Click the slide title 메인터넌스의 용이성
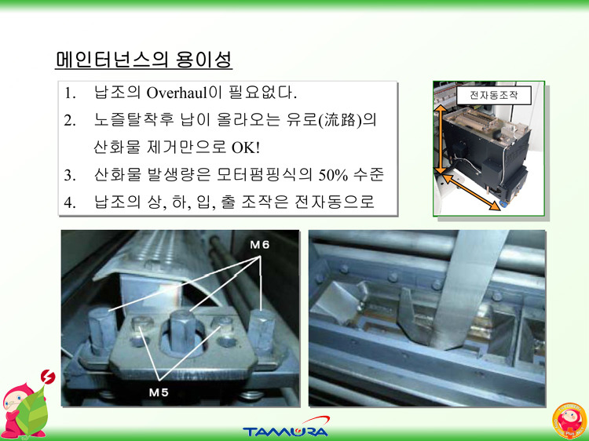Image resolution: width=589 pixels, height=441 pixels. pos(144,60)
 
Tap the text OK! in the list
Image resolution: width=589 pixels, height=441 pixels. pos(245,148)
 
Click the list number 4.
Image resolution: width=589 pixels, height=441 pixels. pos(69,202)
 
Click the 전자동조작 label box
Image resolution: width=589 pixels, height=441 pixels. pos(494,95)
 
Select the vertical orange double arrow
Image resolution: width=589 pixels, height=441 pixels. pos(441,140)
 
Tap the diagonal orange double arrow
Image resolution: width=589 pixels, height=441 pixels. pos(470,192)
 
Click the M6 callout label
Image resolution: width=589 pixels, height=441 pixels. pos(260,245)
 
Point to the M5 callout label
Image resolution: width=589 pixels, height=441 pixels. pos(159,392)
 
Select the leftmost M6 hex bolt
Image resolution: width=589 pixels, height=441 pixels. pos(102,330)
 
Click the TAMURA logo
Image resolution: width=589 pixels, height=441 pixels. pos(286,427)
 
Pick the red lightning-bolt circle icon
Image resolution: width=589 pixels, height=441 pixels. pos(48,377)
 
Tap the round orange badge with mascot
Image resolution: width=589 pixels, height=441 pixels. pos(569,421)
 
